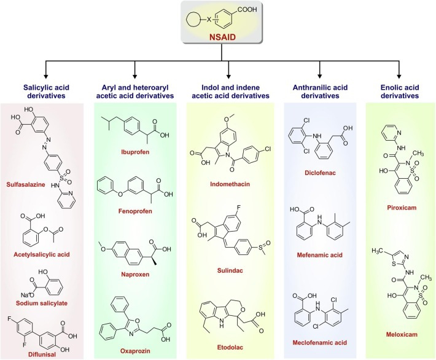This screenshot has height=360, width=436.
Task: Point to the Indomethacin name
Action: [x=228, y=182]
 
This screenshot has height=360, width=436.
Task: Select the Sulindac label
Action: [x=228, y=268]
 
